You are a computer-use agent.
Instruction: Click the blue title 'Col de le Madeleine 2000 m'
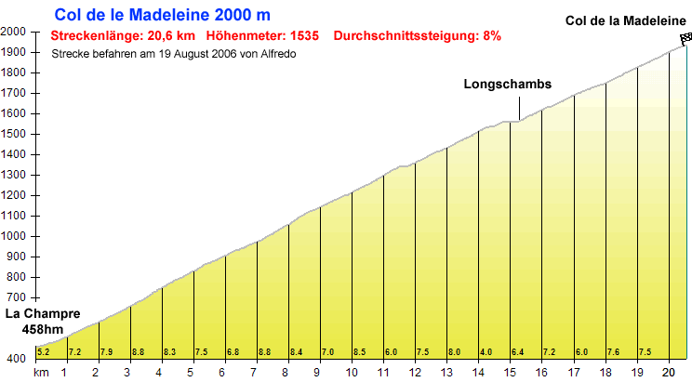click(163, 15)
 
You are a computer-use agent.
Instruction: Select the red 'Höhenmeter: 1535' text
click(262, 36)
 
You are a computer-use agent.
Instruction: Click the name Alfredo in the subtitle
click(280, 54)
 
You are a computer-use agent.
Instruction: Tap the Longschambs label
click(507, 84)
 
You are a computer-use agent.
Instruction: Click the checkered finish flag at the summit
click(685, 38)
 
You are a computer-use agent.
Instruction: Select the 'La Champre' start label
click(43, 314)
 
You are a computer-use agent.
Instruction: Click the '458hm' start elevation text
click(43, 329)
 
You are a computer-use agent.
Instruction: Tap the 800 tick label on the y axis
click(16, 277)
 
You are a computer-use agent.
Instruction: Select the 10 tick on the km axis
click(351, 373)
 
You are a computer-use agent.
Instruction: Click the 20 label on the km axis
click(668, 373)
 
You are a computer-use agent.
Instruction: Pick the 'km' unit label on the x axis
click(41, 373)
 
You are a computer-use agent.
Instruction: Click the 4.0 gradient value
click(486, 351)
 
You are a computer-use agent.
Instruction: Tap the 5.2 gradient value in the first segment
click(43, 351)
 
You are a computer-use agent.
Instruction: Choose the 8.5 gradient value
click(359, 351)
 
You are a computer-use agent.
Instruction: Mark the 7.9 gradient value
click(106, 351)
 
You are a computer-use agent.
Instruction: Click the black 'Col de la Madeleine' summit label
click(625, 20)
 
